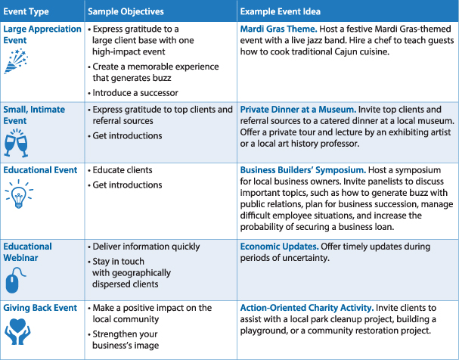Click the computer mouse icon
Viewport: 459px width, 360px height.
coord(12,281)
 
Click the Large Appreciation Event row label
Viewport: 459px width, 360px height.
coord(42,34)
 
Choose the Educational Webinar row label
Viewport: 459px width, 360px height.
coord(28,253)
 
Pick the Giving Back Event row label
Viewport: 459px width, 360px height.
coord(39,308)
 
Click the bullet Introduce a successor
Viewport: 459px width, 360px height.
coord(135,93)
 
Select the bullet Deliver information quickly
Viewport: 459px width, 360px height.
coord(140,247)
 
